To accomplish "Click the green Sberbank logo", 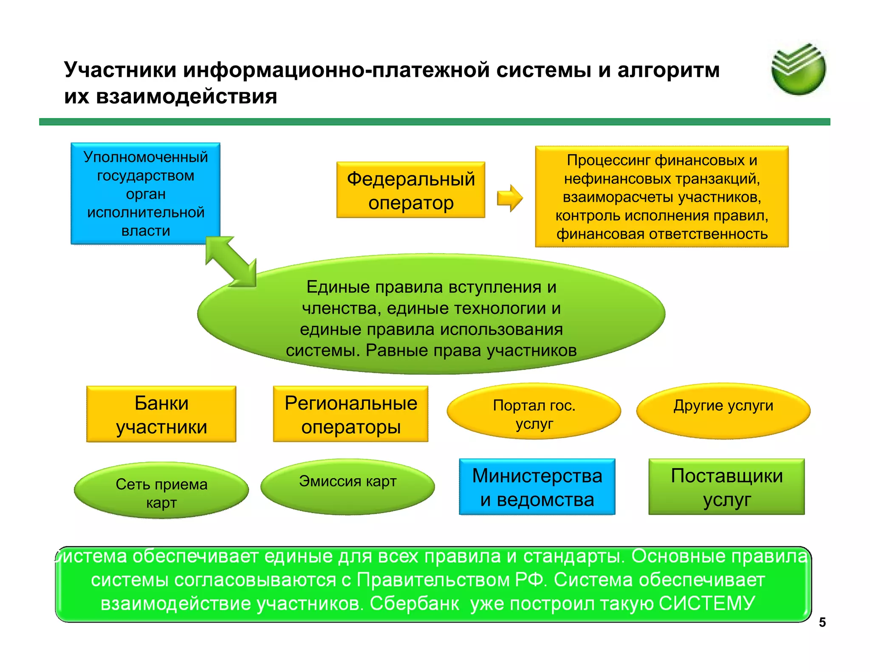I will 798,69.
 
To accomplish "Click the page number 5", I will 822,622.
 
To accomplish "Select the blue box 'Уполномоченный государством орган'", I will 145,193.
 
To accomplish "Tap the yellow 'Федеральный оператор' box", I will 410,190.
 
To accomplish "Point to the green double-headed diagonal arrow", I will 231,261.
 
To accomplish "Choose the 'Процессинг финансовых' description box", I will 661,197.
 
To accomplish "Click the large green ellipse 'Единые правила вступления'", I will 431,314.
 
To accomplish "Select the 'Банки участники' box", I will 161,414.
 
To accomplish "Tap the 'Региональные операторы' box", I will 350,414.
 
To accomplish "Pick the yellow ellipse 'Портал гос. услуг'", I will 534,411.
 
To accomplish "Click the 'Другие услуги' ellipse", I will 723,410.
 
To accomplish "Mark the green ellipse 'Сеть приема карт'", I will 161,491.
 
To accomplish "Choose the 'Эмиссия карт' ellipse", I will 347,486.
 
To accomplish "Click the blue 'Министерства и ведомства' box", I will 537,487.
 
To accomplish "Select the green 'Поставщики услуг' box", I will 726,487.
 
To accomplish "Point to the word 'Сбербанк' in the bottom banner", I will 414,604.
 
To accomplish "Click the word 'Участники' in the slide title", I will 120,70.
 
